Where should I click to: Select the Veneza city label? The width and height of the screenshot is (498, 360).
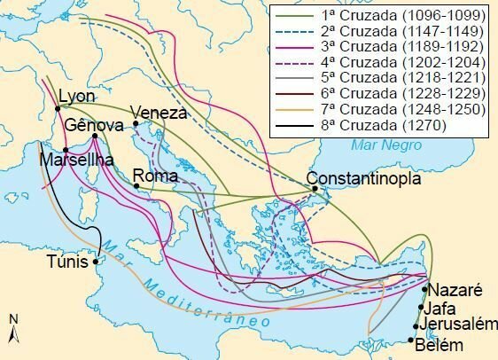pyautogui.click(x=159, y=113)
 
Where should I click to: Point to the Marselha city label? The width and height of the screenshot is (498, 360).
pyautogui.click(x=75, y=160)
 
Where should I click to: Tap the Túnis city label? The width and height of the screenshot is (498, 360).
pyautogui.click(x=68, y=262)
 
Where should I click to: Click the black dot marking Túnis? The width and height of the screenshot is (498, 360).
pyautogui.click(x=96, y=261)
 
